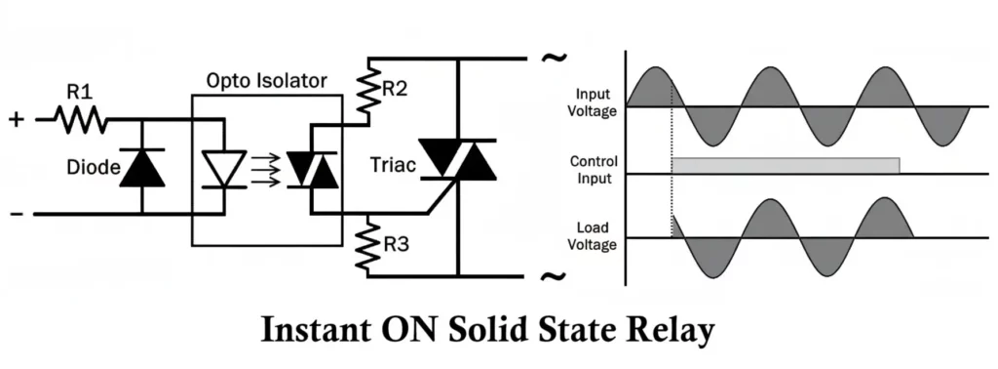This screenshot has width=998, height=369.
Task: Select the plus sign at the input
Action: (16, 119)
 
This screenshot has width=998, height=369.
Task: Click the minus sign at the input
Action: (16, 213)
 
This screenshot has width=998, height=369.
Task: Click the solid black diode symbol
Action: (144, 168)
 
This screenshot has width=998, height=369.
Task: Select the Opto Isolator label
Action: (267, 79)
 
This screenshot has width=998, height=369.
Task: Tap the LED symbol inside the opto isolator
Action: (222, 169)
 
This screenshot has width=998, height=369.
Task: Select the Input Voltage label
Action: (594, 102)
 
